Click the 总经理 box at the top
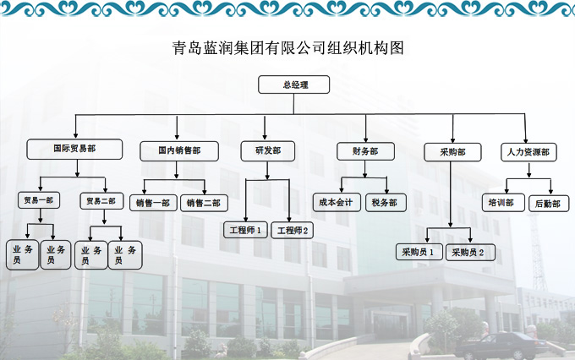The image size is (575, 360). (294, 85)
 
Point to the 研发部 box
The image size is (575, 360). (268, 151)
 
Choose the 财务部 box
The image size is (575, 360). (364, 151)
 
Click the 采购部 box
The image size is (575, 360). (452, 152)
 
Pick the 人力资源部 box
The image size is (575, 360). (528, 152)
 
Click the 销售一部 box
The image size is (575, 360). (153, 203)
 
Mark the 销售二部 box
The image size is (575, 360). (203, 203)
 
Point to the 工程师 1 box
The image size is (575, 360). (246, 229)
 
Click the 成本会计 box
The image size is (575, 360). (337, 202)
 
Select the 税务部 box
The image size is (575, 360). (387, 203)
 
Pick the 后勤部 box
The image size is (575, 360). (549, 203)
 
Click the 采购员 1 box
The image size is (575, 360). (418, 251)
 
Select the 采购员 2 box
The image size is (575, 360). (469, 251)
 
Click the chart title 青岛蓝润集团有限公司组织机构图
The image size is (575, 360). (287, 48)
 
